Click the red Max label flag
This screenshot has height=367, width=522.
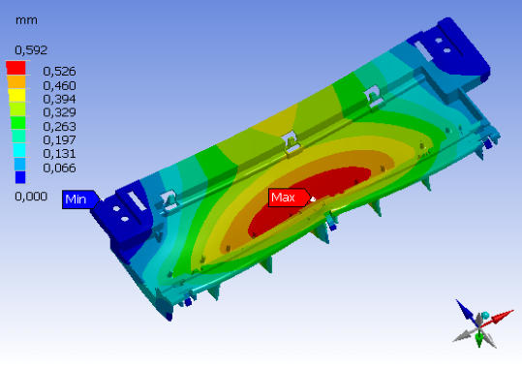pos(289,198)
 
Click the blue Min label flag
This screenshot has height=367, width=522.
pos(80,199)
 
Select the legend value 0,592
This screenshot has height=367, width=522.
pos(31,50)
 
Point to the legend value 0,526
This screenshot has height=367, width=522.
pos(59,72)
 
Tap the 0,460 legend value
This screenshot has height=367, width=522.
pos(59,86)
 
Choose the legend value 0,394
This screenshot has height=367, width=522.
pos(59,99)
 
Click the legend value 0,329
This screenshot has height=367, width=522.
pos(59,112)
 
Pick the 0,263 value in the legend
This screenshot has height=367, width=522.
pos(59,127)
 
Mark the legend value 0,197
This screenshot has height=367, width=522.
pos(59,140)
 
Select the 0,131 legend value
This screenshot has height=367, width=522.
pos(59,154)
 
